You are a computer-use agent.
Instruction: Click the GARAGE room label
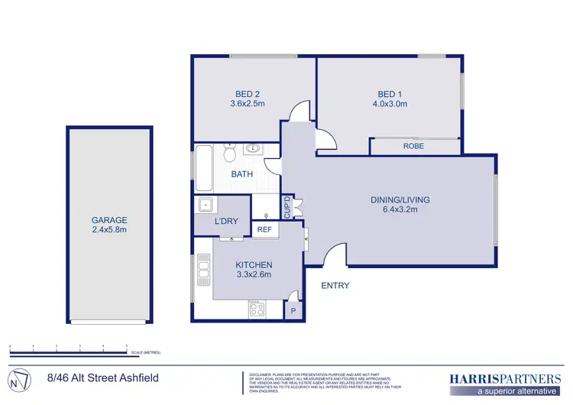[x=109, y=219]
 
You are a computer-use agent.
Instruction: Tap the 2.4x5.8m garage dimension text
[x=109, y=229]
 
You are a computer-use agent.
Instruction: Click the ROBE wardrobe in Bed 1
[x=414, y=146]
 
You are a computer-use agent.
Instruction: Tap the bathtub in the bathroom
[x=204, y=169]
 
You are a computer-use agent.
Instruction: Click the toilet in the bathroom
[x=228, y=153]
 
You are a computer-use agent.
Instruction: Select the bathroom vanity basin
[x=253, y=150]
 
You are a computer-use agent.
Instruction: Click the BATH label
[x=243, y=175]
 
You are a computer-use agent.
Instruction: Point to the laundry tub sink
[x=205, y=205]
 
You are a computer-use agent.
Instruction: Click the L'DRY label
[x=226, y=222]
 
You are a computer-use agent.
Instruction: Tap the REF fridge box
[x=264, y=229]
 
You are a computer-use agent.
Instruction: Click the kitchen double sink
[x=203, y=271]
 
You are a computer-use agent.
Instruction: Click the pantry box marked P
[x=293, y=311]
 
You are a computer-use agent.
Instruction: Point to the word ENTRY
[x=335, y=286]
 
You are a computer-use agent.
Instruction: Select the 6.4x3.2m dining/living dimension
[x=400, y=210]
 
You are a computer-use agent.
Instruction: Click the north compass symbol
[x=21, y=378]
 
